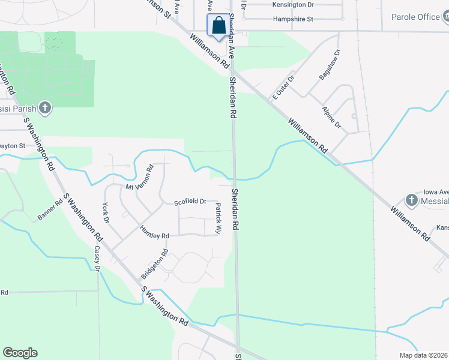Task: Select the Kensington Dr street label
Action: tap(292, 5)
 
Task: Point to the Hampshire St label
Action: tap(294, 19)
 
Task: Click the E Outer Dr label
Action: tap(284, 87)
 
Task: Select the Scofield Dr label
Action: tap(190, 202)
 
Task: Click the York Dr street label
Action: tap(106, 212)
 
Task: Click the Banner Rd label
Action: tap(50, 210)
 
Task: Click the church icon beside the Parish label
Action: tap(44, 108)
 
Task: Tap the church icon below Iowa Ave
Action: tap(411, 199)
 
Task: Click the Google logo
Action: tap(20, 353)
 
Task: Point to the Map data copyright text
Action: tap(424, 355)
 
